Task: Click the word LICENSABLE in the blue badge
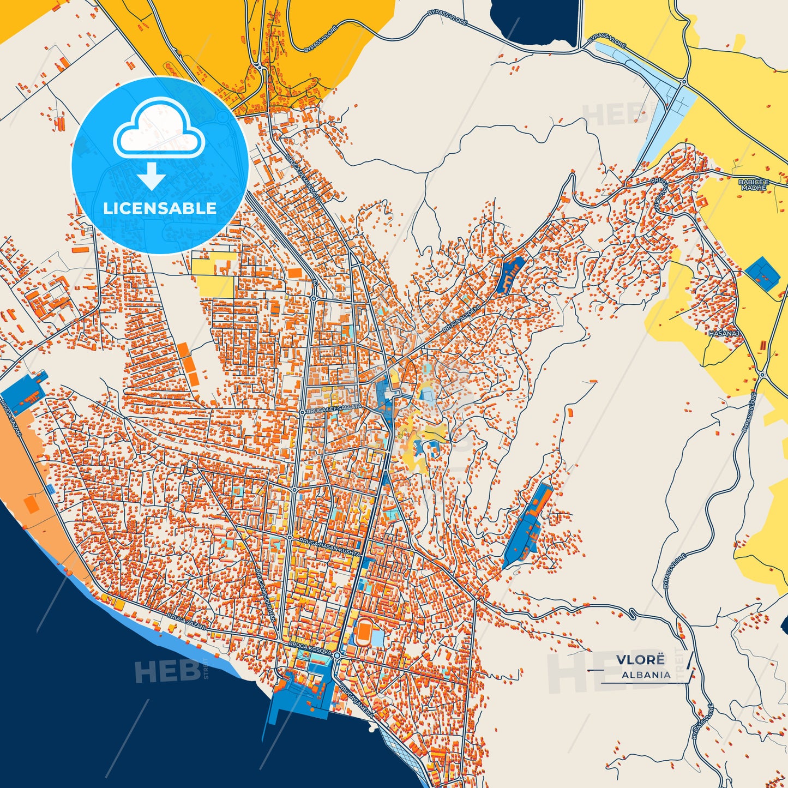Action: point(160,208)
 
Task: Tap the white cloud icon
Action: point(159,131)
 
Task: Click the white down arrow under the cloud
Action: point(152,177)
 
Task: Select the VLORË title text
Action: point(640,660)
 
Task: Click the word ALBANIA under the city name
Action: point(646,675)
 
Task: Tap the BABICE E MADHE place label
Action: point(753,184)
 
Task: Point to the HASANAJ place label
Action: point(724,333)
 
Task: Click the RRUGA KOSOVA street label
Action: point(310,648)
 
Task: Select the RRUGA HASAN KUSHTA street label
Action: point(329,546)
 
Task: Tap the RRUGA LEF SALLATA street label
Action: point(334,408)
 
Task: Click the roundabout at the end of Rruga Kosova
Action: point(338,655)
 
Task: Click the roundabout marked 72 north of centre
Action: point(314,298)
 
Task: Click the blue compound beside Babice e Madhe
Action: point(762,274)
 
